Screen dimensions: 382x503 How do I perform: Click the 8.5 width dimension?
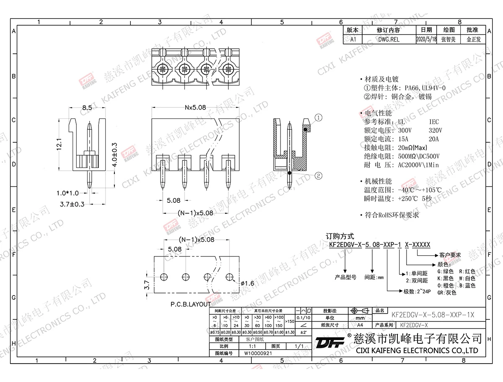pyautogui.click(x=87, y=107)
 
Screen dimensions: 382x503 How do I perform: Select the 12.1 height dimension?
pyautogui.click(x=59, y=144)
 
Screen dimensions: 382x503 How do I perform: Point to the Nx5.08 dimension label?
pyautogui.click(x=195, y=107)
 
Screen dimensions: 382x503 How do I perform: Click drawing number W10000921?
pyautogui.click(x=258, y=353)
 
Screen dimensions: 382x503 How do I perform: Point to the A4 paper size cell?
pyautogui.click(x=360, y=325)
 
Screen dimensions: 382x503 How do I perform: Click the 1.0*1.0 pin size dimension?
pyautogui.click(x=67, y=193)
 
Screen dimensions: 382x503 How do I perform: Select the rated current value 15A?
pyautogui.click(x=403, y=139)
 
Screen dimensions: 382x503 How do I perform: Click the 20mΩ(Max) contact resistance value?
pyautogui.click(x=412, y=147)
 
